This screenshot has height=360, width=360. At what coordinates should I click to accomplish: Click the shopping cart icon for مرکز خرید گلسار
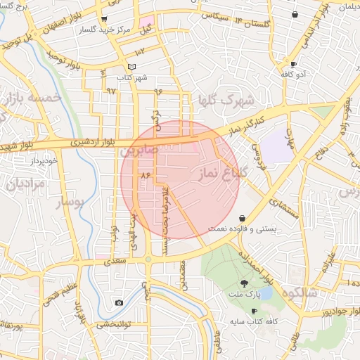point(105,19)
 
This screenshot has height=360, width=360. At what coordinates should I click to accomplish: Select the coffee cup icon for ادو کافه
point(283,63)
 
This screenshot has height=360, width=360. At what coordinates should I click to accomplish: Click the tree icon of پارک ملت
point(244,283)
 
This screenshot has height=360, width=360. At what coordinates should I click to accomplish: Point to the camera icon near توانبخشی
point(119,302)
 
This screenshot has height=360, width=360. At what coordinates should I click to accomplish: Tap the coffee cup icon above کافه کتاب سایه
point(254,311)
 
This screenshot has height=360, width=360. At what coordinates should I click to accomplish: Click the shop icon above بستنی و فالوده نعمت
point(243,218)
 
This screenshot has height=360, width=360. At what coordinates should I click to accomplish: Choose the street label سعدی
point(115,261)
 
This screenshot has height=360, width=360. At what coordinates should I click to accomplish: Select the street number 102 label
point(139,51)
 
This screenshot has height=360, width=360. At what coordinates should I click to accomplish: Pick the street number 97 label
point(111,91)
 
